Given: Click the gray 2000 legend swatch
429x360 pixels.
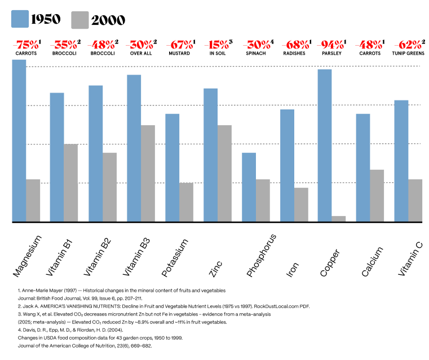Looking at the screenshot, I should [80, 20].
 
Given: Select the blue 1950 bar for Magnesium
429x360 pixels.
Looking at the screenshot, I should [19, 141].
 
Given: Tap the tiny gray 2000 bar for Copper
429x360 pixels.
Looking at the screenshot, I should [338, 219].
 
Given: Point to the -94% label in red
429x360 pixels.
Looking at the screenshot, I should [331, 44].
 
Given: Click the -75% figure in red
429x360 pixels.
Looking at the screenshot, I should [26, 44].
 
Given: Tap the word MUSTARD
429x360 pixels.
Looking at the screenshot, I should [179, 54].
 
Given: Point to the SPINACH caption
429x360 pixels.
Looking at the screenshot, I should [256, 54].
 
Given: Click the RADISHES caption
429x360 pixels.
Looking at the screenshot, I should [294, 54].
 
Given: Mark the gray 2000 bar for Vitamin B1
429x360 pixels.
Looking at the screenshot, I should [71, 183].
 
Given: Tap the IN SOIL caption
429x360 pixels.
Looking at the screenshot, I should [218, 54].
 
